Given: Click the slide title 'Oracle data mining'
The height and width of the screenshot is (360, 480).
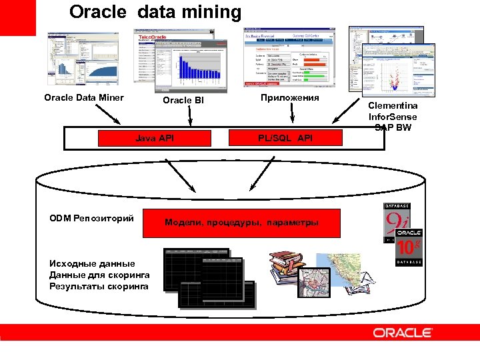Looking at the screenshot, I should pyautogui.click(x=155, y=12).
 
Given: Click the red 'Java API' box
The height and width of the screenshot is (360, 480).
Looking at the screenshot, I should pyautogui.click(x=155, y=138).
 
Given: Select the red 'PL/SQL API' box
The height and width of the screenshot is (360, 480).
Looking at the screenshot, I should pyautogui.click(x=285, y=138).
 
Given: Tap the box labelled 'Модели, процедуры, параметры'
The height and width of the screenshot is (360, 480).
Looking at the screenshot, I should pyautogui.click(x=241, y=223).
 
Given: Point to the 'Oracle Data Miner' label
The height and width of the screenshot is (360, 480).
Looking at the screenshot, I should pyautogui.click(x=84, y=98).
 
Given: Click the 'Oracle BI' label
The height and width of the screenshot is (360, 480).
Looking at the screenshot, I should pyautogui.click(x=183, y=101).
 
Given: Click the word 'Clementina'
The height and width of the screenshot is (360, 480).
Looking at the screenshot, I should pyautogui.click(x=393, y=105).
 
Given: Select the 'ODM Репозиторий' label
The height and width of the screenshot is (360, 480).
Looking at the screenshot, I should pyautogui.click(x=91, y=218).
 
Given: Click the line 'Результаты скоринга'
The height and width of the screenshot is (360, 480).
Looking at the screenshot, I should pyautogui.click(x=99, y=287).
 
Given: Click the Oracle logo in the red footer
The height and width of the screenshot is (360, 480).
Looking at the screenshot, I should pyautogui.click(x=403, y=333).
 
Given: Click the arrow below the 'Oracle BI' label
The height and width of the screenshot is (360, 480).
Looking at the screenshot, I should pyautogui.click(x=190, y=117).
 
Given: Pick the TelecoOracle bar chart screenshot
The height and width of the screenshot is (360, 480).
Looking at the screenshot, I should pyautogui.click(x=190, y=67).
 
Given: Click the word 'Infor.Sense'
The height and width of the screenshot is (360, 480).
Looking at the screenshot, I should pyautogui.click(x=393, y=117).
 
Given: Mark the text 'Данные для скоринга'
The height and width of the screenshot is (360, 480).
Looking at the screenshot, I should pyautogui.click(x=99, y=275).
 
